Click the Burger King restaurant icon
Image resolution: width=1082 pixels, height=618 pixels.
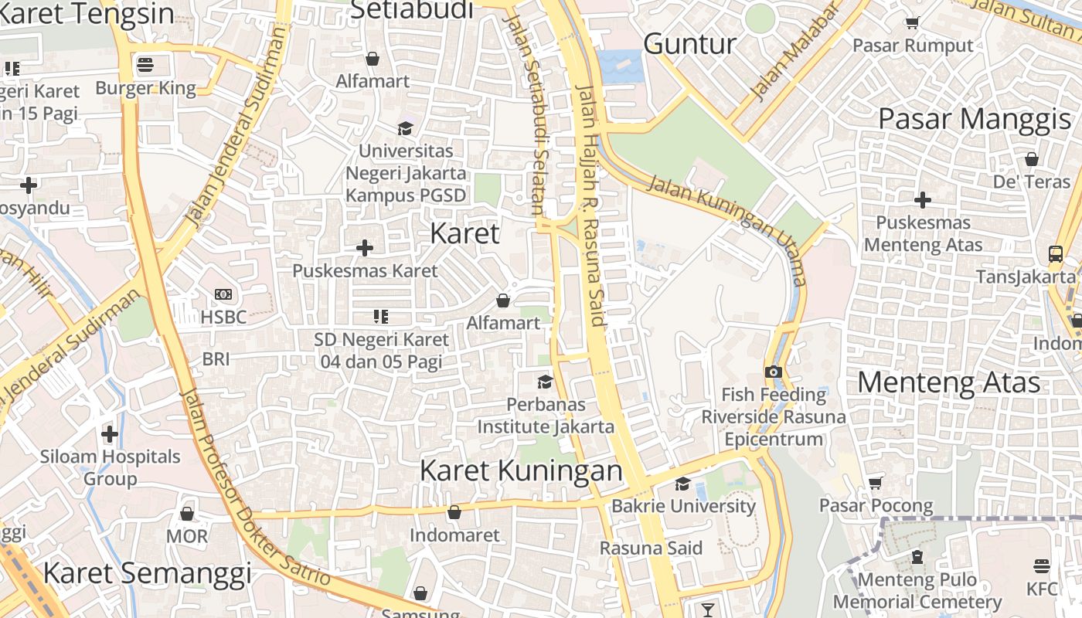click(x=145, y=64)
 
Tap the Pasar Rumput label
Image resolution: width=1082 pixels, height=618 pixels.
click(x=913, y=46)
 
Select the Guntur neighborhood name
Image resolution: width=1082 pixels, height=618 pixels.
click(x=689, y=44)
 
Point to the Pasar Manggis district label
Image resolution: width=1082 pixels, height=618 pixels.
click(x=975, y=120)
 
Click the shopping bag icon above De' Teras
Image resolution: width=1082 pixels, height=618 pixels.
click(x=1031, y=159)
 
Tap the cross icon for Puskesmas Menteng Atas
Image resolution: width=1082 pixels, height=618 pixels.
click(x=922, y=200)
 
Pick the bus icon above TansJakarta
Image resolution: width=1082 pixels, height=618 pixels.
click(x=1055, y=253)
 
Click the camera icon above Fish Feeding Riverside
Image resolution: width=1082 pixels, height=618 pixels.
click(x=773, y=372)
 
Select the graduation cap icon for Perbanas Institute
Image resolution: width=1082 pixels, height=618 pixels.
click(x=545, y=382)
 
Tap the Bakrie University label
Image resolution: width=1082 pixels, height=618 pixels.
click(x=683, y=506)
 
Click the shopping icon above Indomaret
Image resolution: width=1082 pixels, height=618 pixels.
click(x=454, y=512)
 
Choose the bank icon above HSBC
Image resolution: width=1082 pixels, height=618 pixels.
click(x=223, y=294)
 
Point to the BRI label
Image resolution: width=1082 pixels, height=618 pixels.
click(x=216, y=359)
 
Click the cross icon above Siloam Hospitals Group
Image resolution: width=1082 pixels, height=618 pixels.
click(x=110, y=433)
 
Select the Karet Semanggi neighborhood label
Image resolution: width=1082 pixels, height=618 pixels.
click(x=147, y=573)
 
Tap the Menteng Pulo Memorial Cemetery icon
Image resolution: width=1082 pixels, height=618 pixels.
click(x=917, y=556)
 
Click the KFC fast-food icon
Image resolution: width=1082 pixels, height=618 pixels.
click(x=1042, y=566)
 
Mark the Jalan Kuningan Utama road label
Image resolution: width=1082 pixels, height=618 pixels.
click(x=726, y=229)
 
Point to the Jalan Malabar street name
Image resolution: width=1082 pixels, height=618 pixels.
click(x=794, y=53)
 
